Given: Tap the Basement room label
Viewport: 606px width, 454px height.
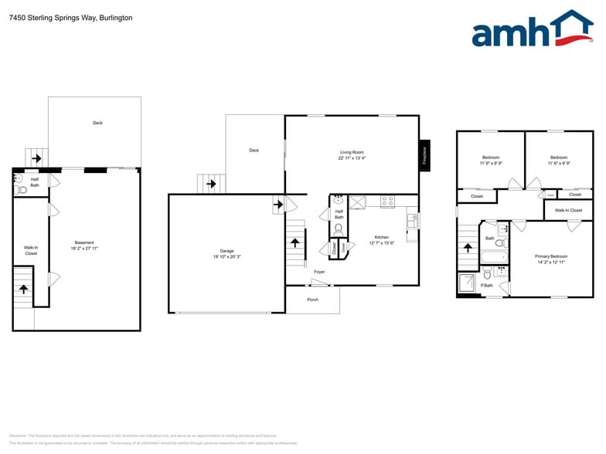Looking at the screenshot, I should tap(85, 246).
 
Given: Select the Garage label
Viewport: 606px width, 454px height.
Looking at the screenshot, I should tap(226, 253).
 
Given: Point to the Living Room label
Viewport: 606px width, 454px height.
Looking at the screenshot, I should tap(352, 155).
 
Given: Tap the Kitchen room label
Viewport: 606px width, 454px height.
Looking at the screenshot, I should tap(382, 240).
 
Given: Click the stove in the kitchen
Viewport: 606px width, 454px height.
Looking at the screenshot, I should tap(387, 202).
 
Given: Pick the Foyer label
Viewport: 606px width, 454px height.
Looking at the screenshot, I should tap(318, 272).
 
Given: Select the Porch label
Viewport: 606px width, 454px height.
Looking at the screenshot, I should tap(312, 300).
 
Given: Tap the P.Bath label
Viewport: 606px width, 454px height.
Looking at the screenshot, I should tap(487, 286).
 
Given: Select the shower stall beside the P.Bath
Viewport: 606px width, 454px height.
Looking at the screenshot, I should tap(468, 283).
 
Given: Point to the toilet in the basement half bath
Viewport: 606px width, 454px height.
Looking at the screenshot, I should tap(22, 189).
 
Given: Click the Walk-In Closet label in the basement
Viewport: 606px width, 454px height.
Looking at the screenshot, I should tap(31, 250).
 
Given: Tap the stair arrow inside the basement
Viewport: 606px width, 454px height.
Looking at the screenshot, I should tap(24, 289).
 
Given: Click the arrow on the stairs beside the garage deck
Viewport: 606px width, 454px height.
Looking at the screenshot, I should tap(211, 185).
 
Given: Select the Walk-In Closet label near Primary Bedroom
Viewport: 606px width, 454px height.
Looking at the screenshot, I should tap(568, 210).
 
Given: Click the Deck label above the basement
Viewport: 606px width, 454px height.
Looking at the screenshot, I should tap(97, 123).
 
